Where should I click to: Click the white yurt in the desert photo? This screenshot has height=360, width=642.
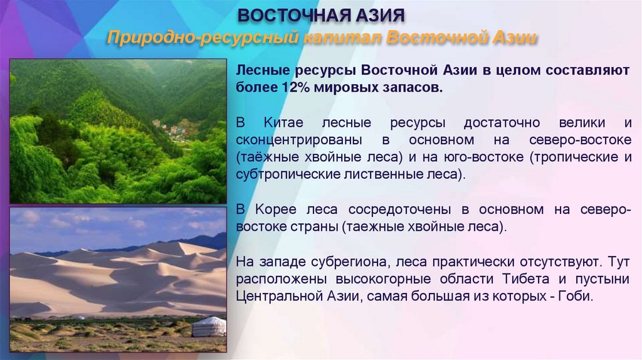208,327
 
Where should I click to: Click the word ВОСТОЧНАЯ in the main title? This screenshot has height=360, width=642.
286,15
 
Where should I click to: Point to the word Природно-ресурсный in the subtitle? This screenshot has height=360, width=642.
201,38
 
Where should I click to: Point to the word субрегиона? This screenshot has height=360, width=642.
344,261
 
